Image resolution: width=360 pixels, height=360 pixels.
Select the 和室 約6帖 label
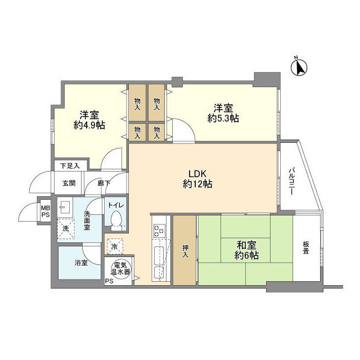[x=247, y=250]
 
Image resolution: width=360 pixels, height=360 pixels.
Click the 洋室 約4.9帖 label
[x=89, y=119]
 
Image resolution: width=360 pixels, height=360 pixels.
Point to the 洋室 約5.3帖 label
[x=223, y=112]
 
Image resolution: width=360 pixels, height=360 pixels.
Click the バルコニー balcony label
[x=292, y=181]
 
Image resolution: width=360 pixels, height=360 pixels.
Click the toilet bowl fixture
[x=117, y=220]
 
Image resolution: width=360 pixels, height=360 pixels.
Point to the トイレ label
[x=116, y=206]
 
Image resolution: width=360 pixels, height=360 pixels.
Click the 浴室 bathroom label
[x=80, y=263]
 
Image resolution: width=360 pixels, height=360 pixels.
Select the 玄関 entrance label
[x=69, y=183]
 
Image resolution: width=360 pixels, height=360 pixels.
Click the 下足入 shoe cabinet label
[x=71, y=165]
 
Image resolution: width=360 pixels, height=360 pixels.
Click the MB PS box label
[x=45, y=211]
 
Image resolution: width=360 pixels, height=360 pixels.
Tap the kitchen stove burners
[x=158, y=231]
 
